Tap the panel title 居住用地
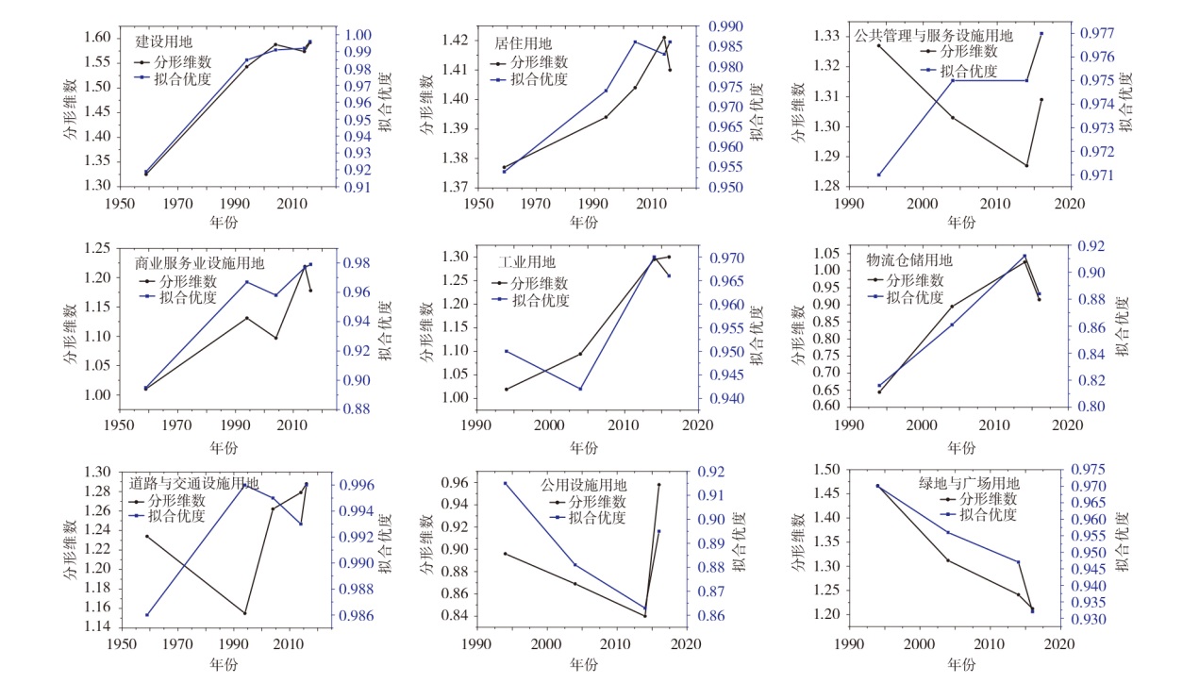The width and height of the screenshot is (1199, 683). coord(524,43)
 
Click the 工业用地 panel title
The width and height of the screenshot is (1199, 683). coord(527,261)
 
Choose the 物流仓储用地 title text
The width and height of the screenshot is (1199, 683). coord(909,259)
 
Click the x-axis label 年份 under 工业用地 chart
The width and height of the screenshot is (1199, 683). coord(585,447)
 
